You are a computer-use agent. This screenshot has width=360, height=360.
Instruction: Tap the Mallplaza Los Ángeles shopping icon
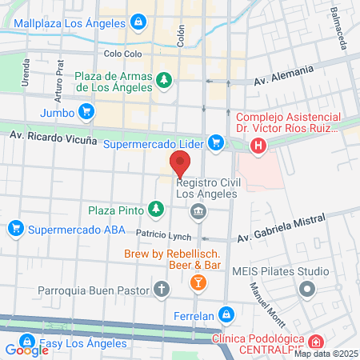pyautogui.click(x=138, y=21)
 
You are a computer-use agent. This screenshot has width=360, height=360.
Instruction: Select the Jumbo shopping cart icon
pyautogui.click(x=86, y=113)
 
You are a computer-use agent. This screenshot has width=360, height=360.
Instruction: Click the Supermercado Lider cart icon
pyautogui.click(x=214, y=142)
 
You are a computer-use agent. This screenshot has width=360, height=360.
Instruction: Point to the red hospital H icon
pyautogui.click(x=258, y=146)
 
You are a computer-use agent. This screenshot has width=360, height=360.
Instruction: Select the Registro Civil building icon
pyautogui.click(x=198, y=211)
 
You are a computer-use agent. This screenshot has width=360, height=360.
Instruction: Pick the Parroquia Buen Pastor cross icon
pyautogui.click(x=162, y=289)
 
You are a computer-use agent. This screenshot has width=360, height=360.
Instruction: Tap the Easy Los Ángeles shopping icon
pyautogui.click(x=26, y=343)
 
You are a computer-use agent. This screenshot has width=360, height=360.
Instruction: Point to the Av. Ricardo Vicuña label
pyautogui.click(x=54, y=138)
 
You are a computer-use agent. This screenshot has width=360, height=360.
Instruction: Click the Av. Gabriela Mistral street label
pyautogui.click(x=282, y=230)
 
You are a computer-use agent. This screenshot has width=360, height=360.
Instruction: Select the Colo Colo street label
pyautogui.click(x=122, y=54)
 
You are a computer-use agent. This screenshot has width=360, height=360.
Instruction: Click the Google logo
pyautogui.click(x=26, y=350)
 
